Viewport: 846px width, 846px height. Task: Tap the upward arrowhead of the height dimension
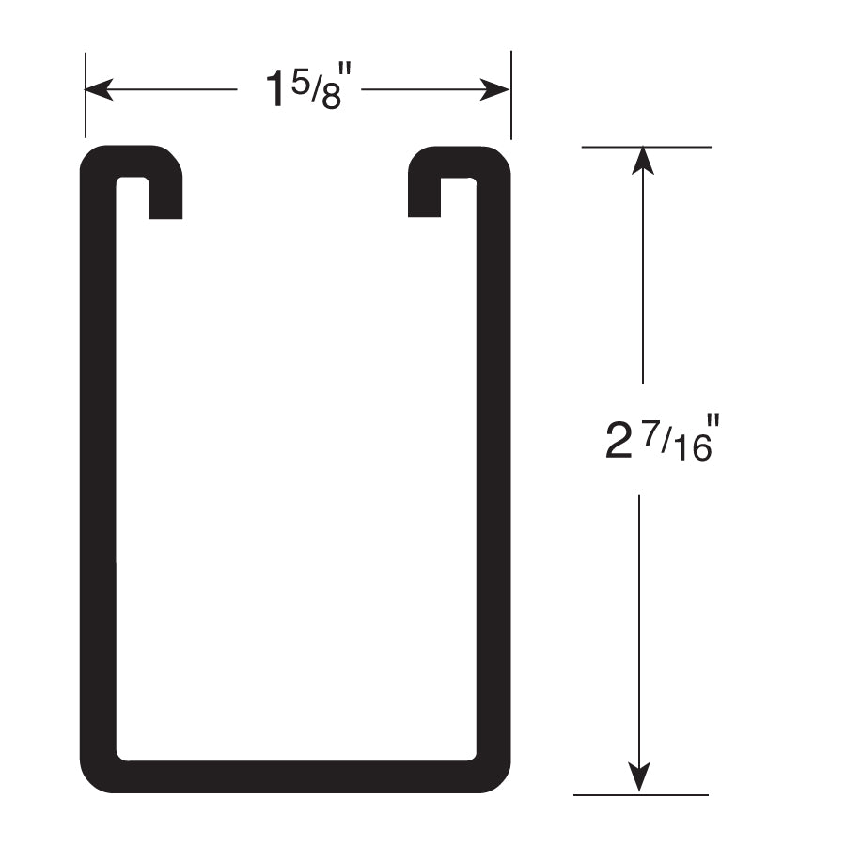(x=642, y=160)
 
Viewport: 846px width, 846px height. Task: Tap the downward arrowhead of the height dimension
(x=640, y=778)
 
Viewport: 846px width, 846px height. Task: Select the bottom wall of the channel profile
(x=295, y=776)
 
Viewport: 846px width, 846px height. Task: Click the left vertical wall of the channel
(x=98, y=470)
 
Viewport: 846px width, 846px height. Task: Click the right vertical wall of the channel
(x=493, y=470)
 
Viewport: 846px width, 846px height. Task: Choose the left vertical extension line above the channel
(x=86, y=94)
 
